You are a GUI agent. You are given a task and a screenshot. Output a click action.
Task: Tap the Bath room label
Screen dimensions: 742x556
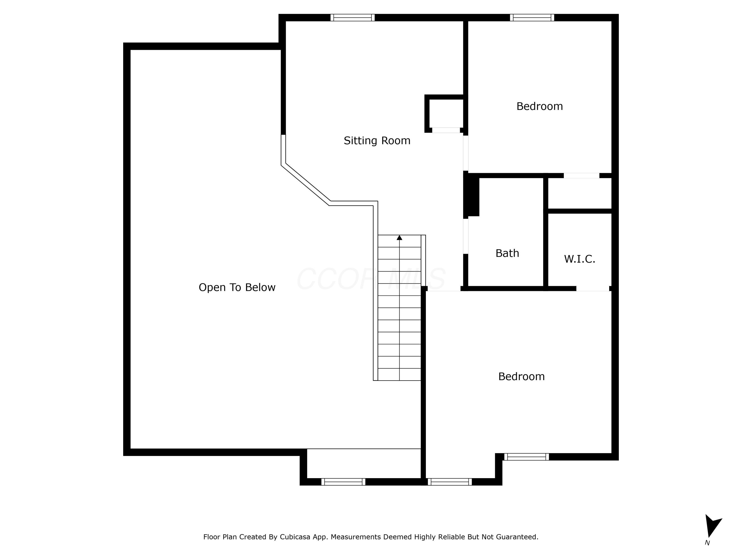507,253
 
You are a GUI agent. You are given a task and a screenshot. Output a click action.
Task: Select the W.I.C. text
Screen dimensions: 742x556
580,259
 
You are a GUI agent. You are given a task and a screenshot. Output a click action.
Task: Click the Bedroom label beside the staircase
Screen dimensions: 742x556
522,377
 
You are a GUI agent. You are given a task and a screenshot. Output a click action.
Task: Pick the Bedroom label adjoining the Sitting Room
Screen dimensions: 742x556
540,107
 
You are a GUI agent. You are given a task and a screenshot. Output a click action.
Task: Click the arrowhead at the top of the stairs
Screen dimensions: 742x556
399,238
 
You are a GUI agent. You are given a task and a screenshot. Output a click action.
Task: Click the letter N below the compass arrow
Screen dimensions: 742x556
707,543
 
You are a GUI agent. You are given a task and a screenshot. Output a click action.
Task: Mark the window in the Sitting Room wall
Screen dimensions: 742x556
352,18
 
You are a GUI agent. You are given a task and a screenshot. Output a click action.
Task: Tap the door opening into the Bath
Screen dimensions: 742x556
465,236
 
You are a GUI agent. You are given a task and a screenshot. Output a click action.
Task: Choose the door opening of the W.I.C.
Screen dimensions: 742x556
593,289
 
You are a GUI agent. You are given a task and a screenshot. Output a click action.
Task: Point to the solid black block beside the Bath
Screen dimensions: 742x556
471,195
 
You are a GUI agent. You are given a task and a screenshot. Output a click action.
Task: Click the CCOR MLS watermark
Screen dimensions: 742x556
371,279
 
